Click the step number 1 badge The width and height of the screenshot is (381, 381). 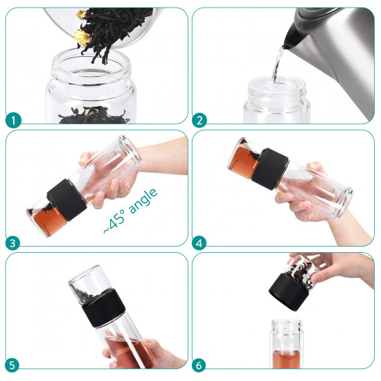[13, 121]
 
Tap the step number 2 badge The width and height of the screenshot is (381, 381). [200, 121]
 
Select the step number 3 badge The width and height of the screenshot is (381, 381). [12, 243]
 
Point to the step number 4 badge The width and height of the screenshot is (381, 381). [200, 243]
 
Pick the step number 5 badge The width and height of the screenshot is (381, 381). [12, 366]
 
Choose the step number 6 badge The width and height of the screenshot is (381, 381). [199, 366]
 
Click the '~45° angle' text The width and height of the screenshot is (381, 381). [130, 211]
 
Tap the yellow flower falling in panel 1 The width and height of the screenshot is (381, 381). [82, 37]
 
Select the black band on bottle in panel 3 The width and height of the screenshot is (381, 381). [67, 200]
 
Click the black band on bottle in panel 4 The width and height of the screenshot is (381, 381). [270, 168]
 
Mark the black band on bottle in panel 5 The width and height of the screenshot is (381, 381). [104, 308]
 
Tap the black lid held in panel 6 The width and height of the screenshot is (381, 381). [288, 292]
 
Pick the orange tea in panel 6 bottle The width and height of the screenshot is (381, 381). [286, 359]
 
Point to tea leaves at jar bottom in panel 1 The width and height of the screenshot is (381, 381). [94, 115]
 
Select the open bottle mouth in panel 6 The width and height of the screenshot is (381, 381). [286, 325]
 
